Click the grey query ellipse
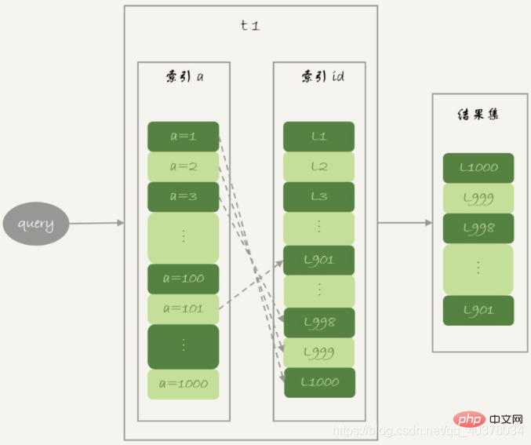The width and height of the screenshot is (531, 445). (x=36, y=224)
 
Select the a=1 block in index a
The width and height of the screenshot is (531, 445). (x=184, y=137)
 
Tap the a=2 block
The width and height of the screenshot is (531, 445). (x=184, y=166)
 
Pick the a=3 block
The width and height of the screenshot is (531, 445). (x=184, y=197)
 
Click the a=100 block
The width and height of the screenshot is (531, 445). (x=184, y=279)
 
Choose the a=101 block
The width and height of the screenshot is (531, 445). (x=184, y=308)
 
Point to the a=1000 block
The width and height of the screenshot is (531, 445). (x=184, y=384)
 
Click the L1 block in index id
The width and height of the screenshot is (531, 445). (x=318, y=137)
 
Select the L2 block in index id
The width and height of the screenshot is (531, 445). (x=318, y=166)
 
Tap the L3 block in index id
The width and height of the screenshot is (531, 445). (x=318, y=197)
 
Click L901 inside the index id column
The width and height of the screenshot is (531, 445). (x=318, y=261)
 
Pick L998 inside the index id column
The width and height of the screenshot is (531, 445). (x=319, y=323)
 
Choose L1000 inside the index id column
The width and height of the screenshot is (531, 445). (x=320, y=383)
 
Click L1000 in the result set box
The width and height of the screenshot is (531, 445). (x=478, y=168)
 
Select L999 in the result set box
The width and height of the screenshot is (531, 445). (x=478, y=199)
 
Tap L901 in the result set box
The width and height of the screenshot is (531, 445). (x=478, y=311)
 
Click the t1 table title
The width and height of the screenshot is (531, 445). (x=250, y=25)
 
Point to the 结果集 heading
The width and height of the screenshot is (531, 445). (x=478, y=115)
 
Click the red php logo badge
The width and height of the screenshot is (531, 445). (x=469, y=420)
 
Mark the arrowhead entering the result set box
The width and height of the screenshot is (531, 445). (x=429, y=223)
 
